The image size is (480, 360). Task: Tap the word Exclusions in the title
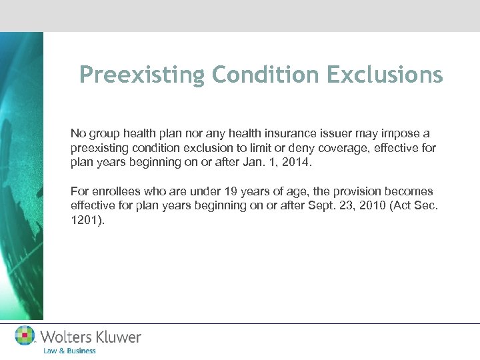click(385, 75)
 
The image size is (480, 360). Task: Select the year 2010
click(366, 206)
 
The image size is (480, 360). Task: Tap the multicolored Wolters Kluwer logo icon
click(25, 336)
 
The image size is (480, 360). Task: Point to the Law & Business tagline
click(69, 351)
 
